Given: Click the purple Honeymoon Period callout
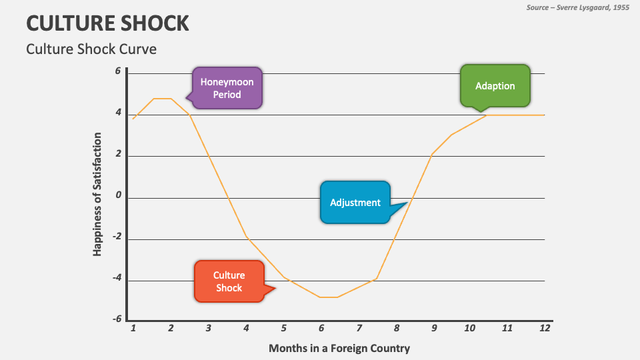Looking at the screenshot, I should click(227, 87).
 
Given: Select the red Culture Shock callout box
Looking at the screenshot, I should click(229, 281).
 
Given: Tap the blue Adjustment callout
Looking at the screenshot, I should click(355, 203).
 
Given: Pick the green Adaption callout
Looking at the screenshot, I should click(495, 86).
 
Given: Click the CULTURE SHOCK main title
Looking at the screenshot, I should click(107, 23).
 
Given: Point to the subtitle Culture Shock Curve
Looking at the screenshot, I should click(91, 49).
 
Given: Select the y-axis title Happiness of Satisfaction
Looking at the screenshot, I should click(97, 193).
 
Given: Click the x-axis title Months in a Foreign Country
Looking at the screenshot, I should click(339, 348).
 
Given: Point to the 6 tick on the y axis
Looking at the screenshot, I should click(118, 71).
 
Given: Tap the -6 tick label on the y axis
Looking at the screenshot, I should click(117, 319).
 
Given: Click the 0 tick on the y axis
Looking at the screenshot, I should click(118, 196).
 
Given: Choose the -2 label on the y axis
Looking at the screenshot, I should click(117, 237).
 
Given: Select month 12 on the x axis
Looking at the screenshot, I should click(544, 328).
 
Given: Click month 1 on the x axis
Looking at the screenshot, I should click(133, 328).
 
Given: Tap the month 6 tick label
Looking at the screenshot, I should click(321, 328).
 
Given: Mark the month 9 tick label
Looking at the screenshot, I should click(433, 328).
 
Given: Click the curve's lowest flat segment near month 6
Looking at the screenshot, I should click(329, 297).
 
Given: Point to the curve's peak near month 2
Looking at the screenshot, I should click(163, 99).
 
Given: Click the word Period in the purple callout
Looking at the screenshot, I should click(227, 95).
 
